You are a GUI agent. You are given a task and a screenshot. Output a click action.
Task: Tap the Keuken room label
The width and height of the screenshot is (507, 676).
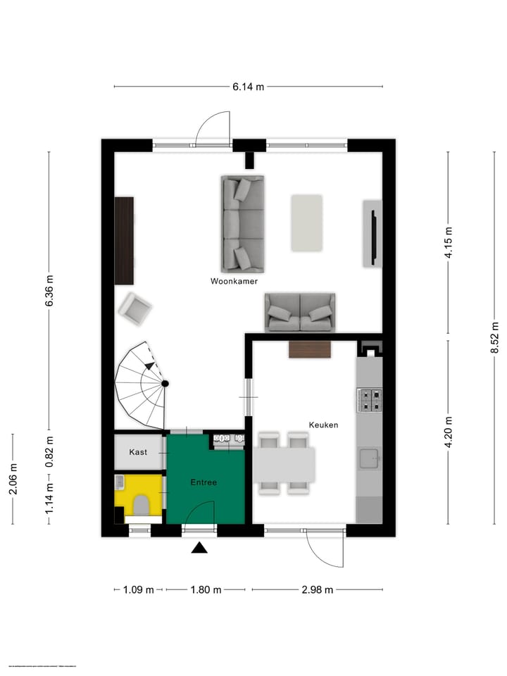click(x=323, y=425)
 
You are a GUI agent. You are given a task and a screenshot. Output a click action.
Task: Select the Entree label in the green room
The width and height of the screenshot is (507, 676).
click(x=204, y=482)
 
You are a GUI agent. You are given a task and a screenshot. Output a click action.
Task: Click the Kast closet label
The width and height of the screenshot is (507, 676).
click(x=139, y=451)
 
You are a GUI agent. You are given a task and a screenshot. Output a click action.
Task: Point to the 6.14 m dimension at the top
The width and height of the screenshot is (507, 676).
click(x=249, y=87)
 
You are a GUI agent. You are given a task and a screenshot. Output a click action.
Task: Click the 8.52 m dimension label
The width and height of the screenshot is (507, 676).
click(x=495, y=338)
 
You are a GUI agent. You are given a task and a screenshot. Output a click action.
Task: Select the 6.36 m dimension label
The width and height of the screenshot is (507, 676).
click(x=49, y=290)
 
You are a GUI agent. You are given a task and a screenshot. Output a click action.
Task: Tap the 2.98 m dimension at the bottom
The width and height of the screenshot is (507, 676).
click(x=317, y=590)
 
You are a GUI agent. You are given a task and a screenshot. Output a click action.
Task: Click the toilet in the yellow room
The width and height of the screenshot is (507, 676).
click(x=141, y=504)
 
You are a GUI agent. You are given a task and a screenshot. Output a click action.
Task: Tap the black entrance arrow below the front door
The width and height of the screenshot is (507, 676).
click(x=200, y=548)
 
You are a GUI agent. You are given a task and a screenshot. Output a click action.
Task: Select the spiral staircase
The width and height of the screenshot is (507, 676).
click(x=143, y=385)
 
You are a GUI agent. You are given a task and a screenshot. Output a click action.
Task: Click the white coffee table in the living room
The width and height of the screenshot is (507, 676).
click(x=307, y=223)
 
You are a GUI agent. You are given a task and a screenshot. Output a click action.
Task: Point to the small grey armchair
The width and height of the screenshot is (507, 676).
click(x=134, y=308)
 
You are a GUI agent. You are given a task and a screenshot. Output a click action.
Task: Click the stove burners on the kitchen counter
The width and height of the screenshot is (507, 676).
click(x=370, y=400)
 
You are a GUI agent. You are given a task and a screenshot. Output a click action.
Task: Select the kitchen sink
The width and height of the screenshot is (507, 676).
click(x=370, y=459)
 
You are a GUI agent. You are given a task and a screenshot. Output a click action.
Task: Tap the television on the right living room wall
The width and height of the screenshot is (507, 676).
click(x=373, y=234)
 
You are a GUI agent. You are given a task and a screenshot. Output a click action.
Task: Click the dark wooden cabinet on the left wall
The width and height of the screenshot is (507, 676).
click(x=125, y=240)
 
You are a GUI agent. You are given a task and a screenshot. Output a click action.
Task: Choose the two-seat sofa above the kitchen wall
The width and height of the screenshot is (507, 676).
click(x=300, y=313)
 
